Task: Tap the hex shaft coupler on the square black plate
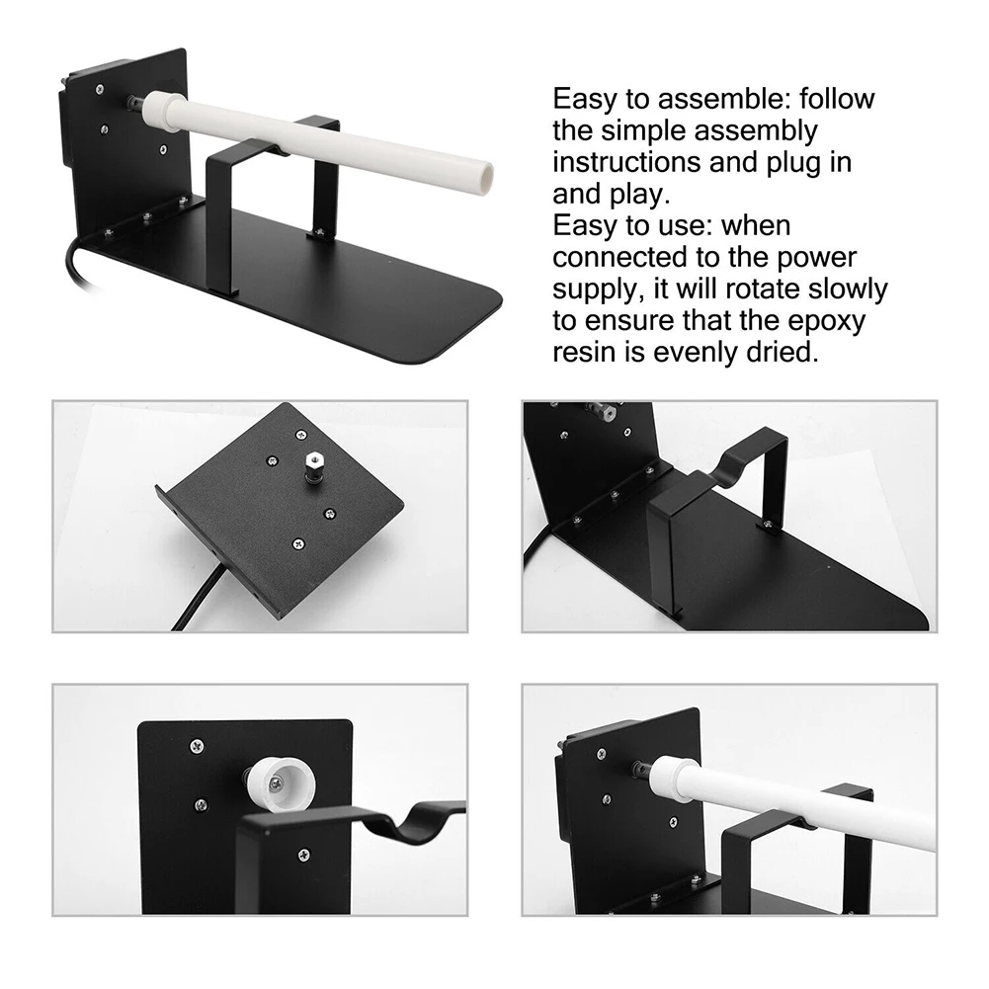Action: click(311, 466)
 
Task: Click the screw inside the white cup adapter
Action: click(276, 783)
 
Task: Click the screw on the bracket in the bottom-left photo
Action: click(303, 855)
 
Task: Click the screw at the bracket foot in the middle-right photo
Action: click(768, 524)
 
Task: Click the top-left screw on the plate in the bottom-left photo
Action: click(197, 746)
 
